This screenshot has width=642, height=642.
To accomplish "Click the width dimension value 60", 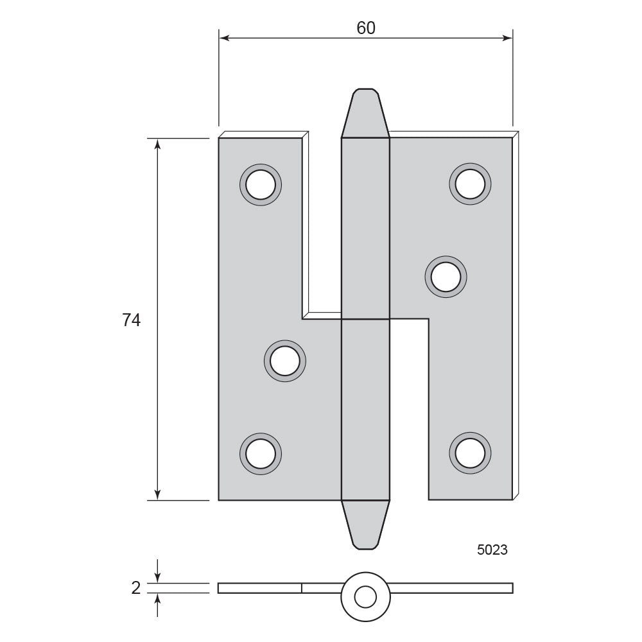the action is (366, 28).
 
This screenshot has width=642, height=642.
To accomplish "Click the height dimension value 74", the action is (132, 320).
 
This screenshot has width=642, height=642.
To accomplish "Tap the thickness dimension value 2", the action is (136, 588).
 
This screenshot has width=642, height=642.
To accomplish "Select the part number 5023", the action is (492, 550).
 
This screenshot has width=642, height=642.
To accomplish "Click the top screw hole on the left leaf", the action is (261, 185).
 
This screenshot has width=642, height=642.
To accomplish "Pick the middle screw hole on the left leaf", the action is (285, 361).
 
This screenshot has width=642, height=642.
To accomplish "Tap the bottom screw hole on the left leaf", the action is (261, 454).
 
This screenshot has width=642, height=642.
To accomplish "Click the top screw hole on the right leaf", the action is (470, 184).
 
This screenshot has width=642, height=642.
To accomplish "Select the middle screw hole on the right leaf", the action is (446, 277).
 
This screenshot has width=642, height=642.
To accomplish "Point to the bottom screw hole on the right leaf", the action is (470, 453).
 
